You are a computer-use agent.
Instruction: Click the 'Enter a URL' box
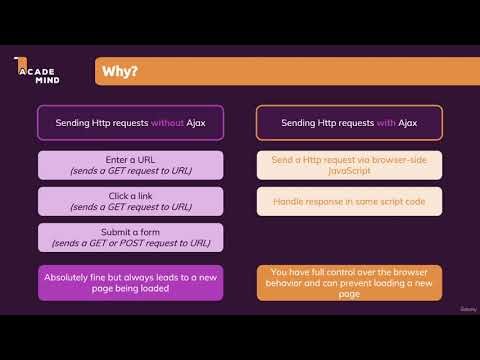130,165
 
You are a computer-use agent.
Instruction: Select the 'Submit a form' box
130,238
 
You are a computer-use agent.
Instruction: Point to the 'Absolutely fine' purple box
130,282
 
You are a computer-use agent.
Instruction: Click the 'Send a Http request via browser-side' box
349,165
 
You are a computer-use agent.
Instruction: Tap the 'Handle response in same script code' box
349,201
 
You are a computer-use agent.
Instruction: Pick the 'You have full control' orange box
349,283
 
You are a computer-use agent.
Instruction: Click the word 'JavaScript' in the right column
349,171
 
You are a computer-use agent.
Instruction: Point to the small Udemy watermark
455,310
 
